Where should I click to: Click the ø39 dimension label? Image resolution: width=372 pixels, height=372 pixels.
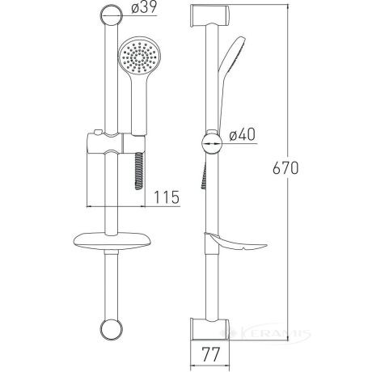(x=144, y=7)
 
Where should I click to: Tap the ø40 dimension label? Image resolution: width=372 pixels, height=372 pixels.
(x=242, y=134)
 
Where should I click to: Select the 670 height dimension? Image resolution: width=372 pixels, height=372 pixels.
(x=285, y=168)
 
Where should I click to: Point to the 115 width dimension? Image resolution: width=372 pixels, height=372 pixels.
(x=167, y=197)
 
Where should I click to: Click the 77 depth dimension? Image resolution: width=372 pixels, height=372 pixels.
(x=211, y=354)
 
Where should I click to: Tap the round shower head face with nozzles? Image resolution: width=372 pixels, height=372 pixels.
(x=139, y=57)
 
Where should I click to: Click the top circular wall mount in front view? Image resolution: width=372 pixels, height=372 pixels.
(x=112, y=15)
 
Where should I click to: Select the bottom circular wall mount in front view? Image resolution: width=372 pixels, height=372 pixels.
(x=112, y=329)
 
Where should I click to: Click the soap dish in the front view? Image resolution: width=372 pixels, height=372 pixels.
(x=112, y=241)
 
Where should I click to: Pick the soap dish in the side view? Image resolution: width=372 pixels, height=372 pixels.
(x=235, y=242)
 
